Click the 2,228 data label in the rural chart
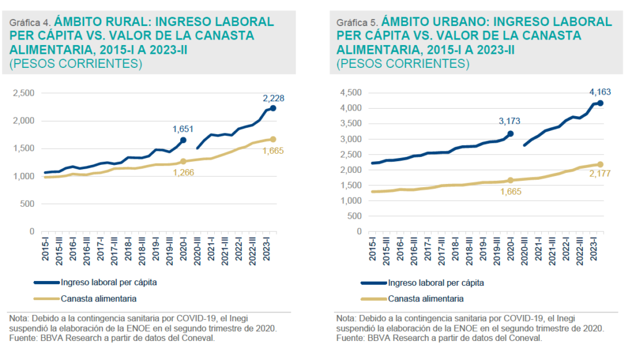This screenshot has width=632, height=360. point(273,98)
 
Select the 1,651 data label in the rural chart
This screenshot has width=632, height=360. point(184,129)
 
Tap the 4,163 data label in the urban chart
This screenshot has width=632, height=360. point(599,93)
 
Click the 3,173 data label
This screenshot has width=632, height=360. point(510,122)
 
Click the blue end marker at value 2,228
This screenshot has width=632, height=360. point(273,109)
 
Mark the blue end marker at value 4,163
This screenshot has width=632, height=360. point(600,103)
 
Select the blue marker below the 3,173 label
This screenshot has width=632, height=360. point(510,133)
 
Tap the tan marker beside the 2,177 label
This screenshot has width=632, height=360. point(600,164)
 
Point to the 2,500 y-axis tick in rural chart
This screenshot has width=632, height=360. point(23,93)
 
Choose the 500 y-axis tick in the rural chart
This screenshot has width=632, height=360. point(28,204)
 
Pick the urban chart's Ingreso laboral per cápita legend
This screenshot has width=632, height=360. point(436,283)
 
